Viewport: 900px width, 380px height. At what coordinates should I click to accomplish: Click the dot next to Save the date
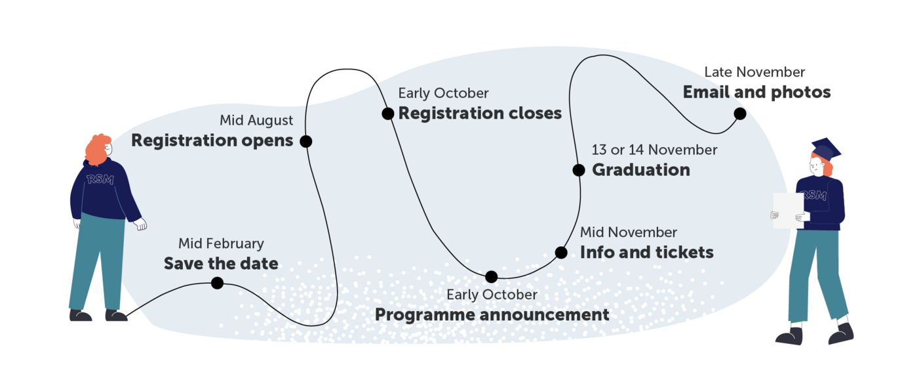pos(218,283)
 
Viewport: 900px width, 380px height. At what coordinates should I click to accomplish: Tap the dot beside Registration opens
pos(305,142)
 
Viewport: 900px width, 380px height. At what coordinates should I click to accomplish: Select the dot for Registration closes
pos(387,114)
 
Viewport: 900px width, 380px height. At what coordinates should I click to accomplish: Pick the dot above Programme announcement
pos(492,277)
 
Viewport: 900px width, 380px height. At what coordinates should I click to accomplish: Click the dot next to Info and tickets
pos(561,253)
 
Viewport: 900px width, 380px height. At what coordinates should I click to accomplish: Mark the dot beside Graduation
pos(579,170)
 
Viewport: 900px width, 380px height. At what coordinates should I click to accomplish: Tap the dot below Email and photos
pos(740,114)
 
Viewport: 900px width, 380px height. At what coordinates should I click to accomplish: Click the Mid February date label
pos(221,243)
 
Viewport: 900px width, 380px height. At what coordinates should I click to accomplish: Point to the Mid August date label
pos(256,121)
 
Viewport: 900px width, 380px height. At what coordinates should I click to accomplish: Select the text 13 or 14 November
pos(654,150)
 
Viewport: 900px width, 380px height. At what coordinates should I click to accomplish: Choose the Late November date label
pos(754,72)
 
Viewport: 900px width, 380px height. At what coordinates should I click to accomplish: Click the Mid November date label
pos(629,232)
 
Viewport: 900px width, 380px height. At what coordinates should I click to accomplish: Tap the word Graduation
pos(641,170)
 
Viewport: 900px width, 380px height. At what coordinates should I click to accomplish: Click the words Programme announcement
pos(492,315)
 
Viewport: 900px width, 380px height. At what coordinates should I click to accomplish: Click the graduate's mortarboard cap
pos(826,150)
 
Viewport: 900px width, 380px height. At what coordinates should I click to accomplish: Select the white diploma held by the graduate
pos(789,210)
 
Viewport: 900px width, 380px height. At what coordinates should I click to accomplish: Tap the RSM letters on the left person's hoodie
pos(100,179)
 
